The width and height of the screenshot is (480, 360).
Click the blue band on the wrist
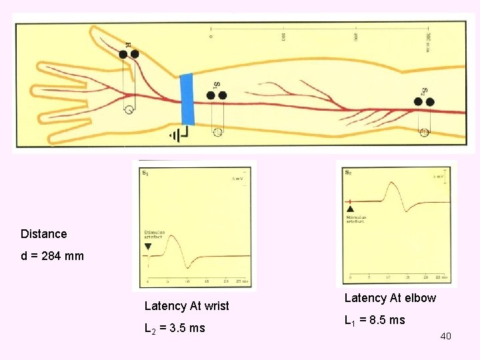tap(187, 99)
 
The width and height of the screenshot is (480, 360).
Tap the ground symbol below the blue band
tap(178, 135)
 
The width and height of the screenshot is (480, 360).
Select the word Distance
tap(44, 234)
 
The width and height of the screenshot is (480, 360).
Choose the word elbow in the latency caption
tap(420, 298)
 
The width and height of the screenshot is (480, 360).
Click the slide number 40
tap(445, 336)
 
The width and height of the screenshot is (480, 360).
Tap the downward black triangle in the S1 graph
tap(148, 246)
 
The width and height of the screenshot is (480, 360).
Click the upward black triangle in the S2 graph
tap(351, 210)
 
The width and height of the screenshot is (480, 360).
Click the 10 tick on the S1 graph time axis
tap(188, 281)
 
